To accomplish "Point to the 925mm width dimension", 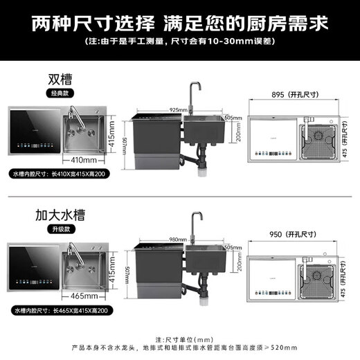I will pos(178,110).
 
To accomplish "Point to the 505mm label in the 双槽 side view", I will pos(233,118).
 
